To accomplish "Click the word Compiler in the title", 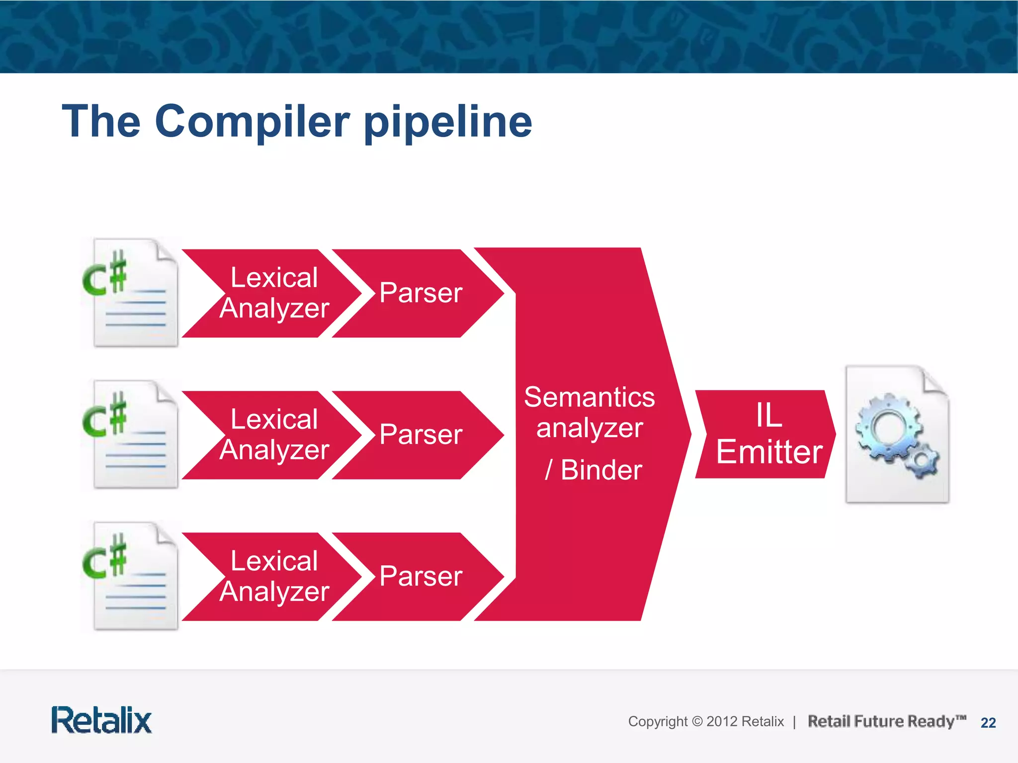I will pyautogui.click(x=253, y=122).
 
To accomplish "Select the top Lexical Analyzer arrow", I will pyautogui.click(x=274, y=293).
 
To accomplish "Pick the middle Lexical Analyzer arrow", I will pyautogui.click(x=274, y=435).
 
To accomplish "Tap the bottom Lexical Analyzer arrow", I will pyautogui.click(x=274, y=576).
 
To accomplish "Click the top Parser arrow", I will pyautogui.click(x=421, y=293).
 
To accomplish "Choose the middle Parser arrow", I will pyautogui.click(x=421, y=435).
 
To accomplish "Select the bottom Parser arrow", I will pyautogui.click(x=421, y=576).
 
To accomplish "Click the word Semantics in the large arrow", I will pyautogui.click(x=590, y=397).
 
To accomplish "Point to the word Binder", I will pyautogui.click(x=601, y=470).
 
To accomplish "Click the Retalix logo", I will pyautogui.click(x=101, y=720).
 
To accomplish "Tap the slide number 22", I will pyautogui.click(x=988, y=723).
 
